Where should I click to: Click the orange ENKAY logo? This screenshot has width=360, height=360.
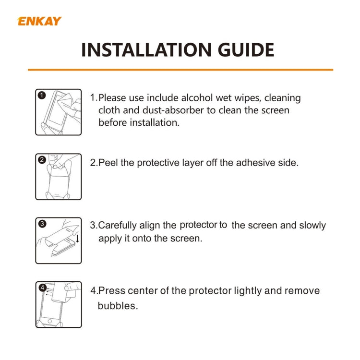tap(39, 21)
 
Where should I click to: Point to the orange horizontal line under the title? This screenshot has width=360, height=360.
tap(180, 70)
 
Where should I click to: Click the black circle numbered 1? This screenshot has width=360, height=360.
tap(42, 96)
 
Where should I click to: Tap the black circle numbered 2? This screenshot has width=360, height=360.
tap(42, 160)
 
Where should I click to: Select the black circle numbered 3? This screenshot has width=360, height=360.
tap(42, 224)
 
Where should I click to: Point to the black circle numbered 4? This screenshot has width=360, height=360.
tap(42, 288)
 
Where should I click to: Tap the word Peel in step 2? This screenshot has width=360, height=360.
tap(108, 163)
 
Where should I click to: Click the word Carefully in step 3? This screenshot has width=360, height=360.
tap(118, 226)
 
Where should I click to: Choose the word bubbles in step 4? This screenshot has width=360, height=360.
tap(118, 305)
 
